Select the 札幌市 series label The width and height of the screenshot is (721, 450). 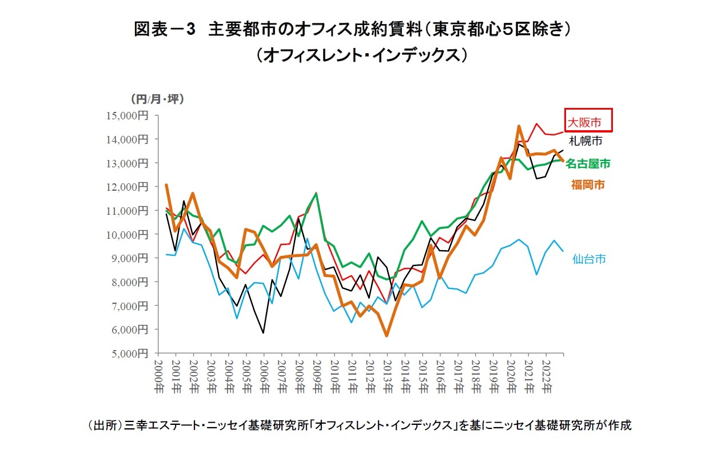point(585,140)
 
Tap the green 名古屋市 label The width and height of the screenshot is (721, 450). point(588,164)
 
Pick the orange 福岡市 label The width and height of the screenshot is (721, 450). point(588,184)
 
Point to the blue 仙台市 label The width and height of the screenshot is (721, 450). point(589,259)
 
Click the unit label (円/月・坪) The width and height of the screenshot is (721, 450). point(157,99)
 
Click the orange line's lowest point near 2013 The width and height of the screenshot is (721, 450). point(387,336)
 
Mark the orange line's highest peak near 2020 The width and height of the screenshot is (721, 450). point(519,126)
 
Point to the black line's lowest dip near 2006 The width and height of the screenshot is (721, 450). point(263,333)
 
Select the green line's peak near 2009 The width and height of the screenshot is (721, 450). point(316,194)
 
